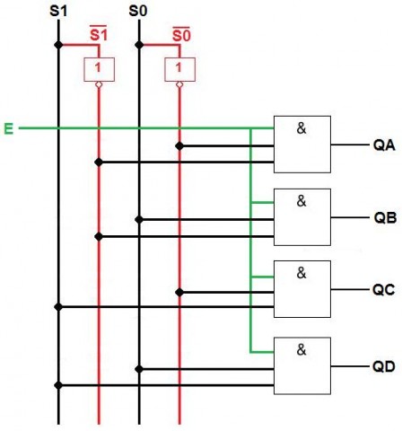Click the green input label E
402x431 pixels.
(x=9, y=129)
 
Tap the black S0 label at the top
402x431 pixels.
(x=137, y=13)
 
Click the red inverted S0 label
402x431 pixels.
(x=179, y=34)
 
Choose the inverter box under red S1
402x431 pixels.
(x=98, y=67)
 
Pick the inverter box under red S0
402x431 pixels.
(x=180, y=67)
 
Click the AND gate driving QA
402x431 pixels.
(x=302, y=145)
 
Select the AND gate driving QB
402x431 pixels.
(x=302, y=218)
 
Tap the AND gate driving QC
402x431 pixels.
(x=302, y=289)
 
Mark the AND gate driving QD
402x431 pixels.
(x=302, y=366)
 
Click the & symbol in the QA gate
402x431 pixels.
(x=301, y=128)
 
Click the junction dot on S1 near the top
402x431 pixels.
(x=58, y=44)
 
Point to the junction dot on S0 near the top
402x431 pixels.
(x=138, y=44)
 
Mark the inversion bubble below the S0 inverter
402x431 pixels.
(x=180, y=85)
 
